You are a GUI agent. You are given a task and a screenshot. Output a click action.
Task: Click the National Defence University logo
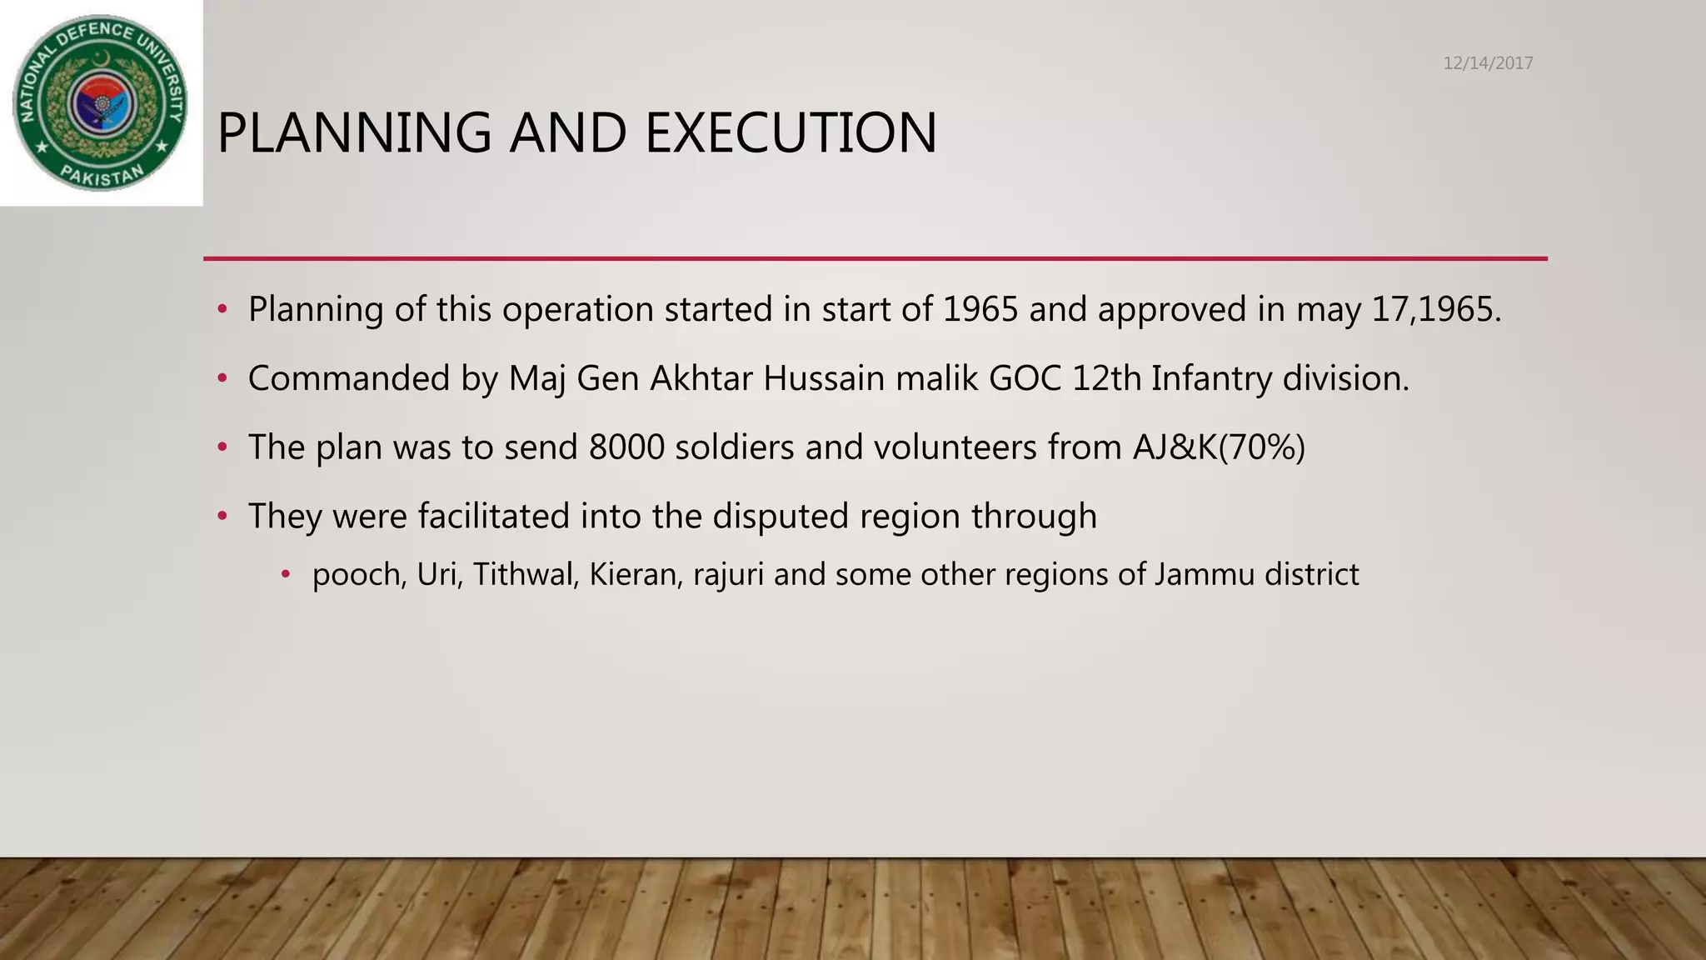[x=101, y=102]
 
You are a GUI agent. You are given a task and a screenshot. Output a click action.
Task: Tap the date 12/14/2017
[x=1488, y=63]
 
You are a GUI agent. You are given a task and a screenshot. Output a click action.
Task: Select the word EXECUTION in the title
[x=791, y=133]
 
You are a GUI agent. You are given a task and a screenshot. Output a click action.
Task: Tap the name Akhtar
[x=701, y=378]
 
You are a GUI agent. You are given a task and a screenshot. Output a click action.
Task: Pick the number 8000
[x=626, y=447]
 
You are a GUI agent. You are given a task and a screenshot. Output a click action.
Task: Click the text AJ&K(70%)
[x=1219, y=447]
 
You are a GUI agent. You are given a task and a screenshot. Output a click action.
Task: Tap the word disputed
[x=781, y=517]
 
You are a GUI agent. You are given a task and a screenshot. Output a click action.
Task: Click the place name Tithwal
[x=526, y=575]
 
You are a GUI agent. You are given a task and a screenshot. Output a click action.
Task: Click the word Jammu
[x=1204, y=575]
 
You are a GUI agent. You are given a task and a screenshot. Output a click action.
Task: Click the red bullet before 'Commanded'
[x=222, y=379]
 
